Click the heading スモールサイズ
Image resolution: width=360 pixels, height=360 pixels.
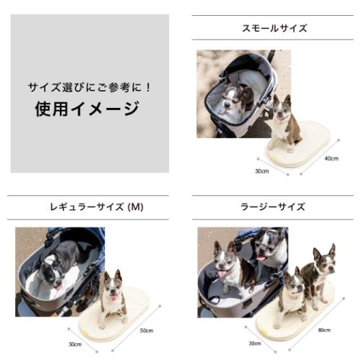274,28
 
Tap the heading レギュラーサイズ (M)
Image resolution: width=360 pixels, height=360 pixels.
96,207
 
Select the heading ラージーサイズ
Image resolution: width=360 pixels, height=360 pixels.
273,207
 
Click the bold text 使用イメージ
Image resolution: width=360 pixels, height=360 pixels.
87,109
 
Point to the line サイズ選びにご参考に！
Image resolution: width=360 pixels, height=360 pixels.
89,87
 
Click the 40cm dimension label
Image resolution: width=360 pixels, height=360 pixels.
331,158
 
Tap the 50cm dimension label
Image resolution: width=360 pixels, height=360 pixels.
146,330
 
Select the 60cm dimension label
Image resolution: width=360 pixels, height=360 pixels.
324,330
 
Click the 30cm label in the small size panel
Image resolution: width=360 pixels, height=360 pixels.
262,171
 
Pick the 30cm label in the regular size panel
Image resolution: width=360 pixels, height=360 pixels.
75,344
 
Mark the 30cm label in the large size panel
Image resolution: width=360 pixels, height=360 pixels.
255,343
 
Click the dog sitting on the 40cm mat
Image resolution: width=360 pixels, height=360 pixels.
286,122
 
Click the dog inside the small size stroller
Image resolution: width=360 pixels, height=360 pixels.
236,97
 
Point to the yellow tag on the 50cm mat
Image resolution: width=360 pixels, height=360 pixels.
86,333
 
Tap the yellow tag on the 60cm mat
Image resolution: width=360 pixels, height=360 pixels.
264,331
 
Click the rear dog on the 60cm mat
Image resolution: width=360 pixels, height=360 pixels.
318,276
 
